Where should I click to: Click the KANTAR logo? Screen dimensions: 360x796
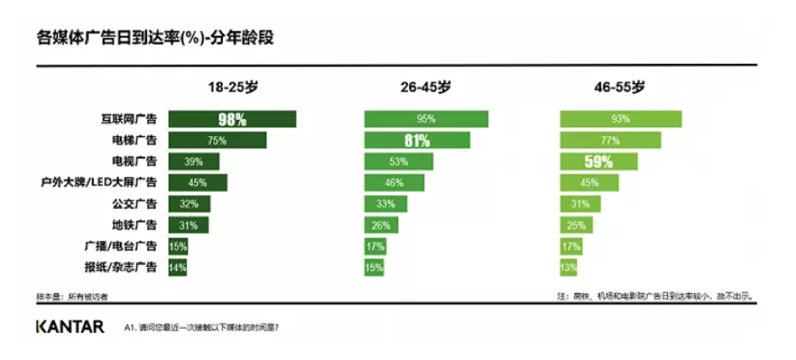click(x=69, y=327)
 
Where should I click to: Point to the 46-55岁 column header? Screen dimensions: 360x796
click(x=620, y=87)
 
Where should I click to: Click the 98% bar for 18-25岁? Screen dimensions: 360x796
click(x=232, y=119)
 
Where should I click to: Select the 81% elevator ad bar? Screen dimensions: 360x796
click(x=417, y=140)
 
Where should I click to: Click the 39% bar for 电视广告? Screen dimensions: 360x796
click(x=194, y=162)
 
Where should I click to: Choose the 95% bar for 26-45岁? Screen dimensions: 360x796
click(x=426, y=119)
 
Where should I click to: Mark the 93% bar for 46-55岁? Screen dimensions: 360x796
click(x=620, y=119)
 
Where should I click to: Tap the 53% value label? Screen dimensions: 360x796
click(x=398, y=162)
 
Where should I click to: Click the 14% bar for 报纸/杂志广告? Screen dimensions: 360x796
click(x=178, y=266)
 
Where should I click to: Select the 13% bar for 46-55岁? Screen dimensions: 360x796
click(x=568, y=266)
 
